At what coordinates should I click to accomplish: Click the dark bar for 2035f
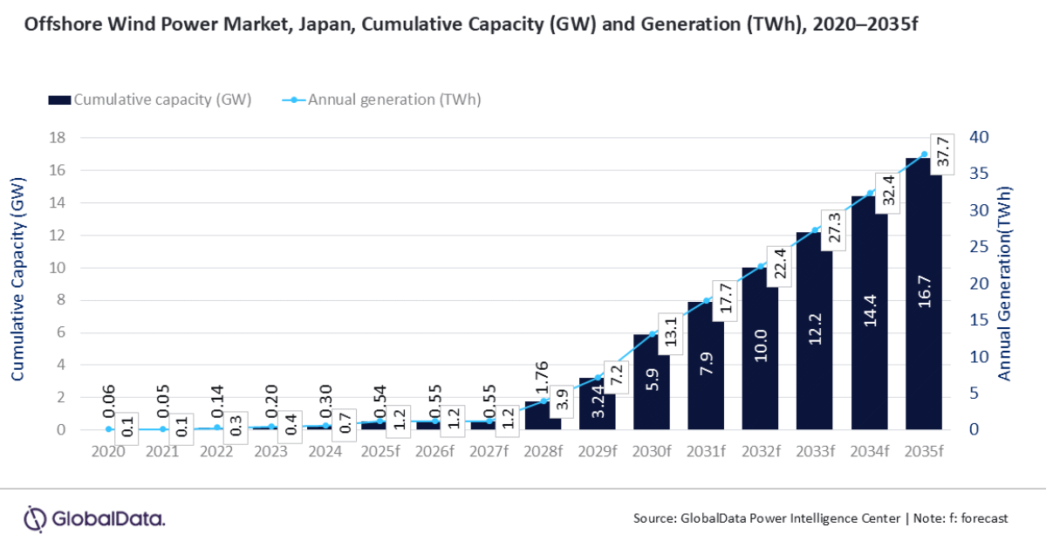(x=924, y=297)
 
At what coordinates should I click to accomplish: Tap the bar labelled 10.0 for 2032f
(x=761, y=349)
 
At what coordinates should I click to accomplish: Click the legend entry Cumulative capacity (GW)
(x=150, y=99)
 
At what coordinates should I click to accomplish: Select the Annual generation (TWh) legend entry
(x=381, y=99)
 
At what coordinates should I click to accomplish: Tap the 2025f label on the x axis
(x=379, y=451)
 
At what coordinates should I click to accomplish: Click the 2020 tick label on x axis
(x=108, y=451)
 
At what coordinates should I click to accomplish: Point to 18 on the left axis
(x=58, y=138)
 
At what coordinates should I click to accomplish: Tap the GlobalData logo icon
(x=34, y=518)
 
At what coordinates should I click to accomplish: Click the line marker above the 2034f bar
(x=870, y=193)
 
